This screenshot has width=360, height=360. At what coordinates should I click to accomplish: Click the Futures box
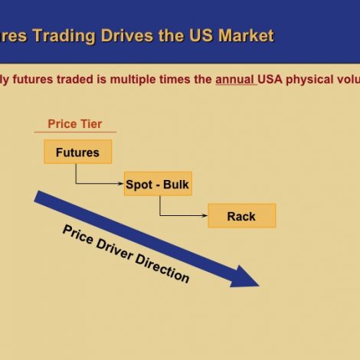(77, 152)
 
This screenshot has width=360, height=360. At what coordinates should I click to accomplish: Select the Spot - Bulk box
(157, 185)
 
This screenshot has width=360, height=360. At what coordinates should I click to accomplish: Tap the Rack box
(241, 216)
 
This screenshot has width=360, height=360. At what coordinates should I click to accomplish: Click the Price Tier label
(74, 124)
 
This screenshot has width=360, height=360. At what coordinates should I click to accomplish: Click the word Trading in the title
(71, 36)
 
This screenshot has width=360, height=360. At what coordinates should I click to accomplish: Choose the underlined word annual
(235, 79)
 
